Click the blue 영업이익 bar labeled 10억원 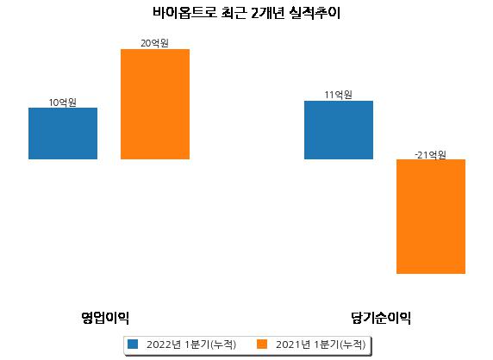pyautogui.click(x=63, y=133)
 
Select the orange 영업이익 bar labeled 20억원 pyautogui.click(x=155, y=104)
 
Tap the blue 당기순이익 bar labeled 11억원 pyautogui.click(x=339, y=130)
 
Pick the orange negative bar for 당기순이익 pyautogui.click(x=431, y=216)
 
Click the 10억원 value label pyautogui.click(x=63, y=102)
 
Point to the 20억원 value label pyautogui.click(x=154, y=43)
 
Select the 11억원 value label pyautogui.click(x=339, y=95)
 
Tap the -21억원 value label pyautogui.click(x=430, y=154)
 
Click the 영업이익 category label pyautogui.click(x=105, y=318)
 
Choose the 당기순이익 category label pyautogui.click(x=381, y=318)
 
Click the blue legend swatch pyautogui.click(x=133, y=344)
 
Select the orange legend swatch pyautogui.click(x=262, y=344)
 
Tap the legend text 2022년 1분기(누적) pyautogui.click(x=191, y=344)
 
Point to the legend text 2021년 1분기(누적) pyautogui.click(x=321, y=344)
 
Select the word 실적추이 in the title pyautogui.click(x=315, y=13)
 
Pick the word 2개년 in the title pyautogui.click(x=268, y=13)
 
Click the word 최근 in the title pyautogui.click(x=234, y=13)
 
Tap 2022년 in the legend pyautogui.click(x=164, y=344)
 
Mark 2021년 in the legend pyautogui.click(x=293, y=344)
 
